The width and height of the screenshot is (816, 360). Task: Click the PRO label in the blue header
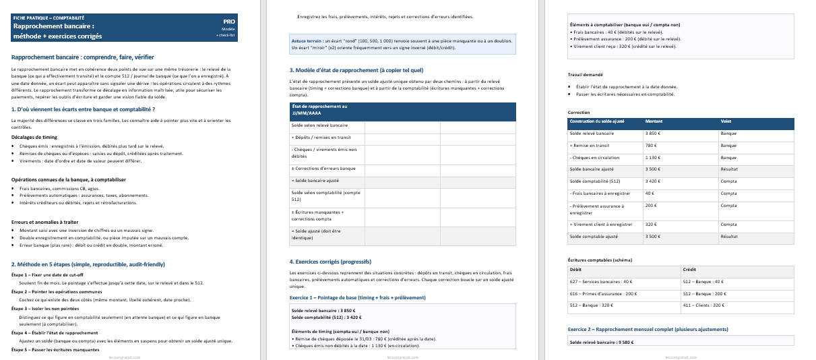229,22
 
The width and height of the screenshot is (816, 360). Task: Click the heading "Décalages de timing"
33,137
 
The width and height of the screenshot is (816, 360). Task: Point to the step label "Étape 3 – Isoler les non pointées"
44,308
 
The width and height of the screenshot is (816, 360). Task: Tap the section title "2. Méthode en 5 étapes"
88,264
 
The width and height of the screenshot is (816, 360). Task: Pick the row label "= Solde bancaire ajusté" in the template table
315,181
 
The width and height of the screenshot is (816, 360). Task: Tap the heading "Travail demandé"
586,75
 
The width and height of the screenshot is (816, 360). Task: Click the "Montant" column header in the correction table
654,121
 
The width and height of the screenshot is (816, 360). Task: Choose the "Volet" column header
726,121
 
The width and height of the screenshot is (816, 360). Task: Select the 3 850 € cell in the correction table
652,133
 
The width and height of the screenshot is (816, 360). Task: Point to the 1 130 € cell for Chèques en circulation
652,158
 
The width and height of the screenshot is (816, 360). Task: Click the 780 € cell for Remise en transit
650,146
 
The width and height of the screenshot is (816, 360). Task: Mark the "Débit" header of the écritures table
576,269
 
